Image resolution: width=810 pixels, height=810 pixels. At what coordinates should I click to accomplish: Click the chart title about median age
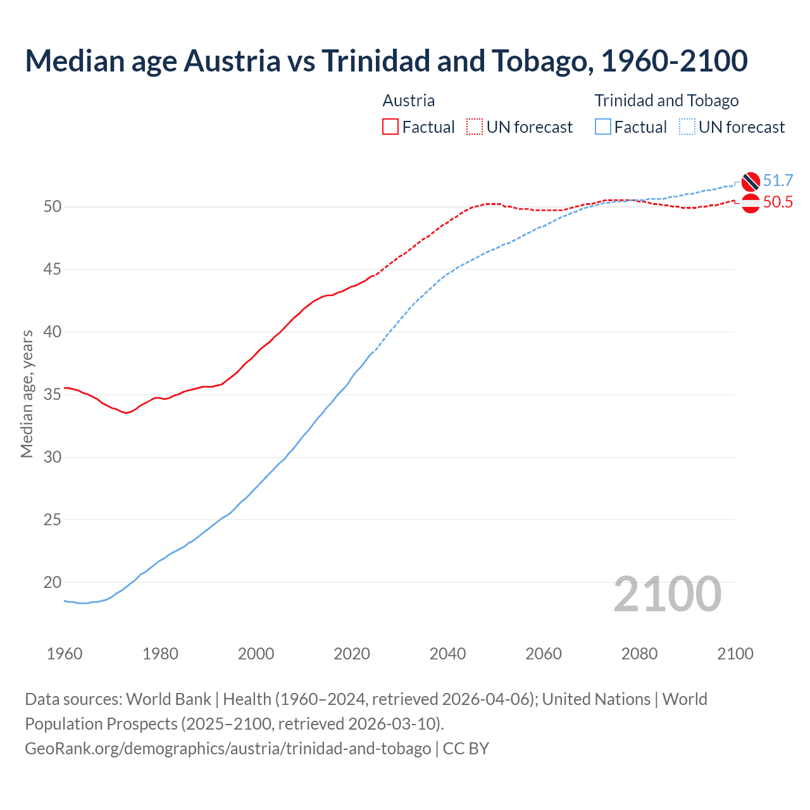[x=386, y=61]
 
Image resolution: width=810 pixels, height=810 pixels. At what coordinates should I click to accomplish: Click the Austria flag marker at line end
[x=751, y=204]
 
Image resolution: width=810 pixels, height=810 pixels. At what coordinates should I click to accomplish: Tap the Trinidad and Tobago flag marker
[x=751, y=182]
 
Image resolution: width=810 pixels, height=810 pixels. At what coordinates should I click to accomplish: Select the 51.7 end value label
[x=778, y=180]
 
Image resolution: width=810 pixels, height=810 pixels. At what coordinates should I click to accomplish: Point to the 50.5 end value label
[x=778, y=202]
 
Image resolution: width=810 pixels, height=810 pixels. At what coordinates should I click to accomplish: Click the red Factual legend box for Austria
[x=390, y=127]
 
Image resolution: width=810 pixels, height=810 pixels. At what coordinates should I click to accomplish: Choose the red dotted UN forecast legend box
[x=475, y=127]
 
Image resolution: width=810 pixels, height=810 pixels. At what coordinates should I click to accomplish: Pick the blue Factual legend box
[x=603, y=127]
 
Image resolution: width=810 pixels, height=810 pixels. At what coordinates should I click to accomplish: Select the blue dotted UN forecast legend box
[x=687, y=127]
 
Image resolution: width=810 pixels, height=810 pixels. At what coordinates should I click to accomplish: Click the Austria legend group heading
[x=409, y=101]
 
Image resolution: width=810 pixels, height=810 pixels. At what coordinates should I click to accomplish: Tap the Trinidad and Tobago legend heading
[x=666, y=101]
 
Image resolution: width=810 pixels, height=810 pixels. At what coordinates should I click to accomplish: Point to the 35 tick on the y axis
[x=52, y=395]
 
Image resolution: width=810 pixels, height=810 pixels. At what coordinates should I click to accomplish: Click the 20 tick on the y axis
[x=52, y=582]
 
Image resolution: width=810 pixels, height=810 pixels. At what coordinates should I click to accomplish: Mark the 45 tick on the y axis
[x=52, y=270]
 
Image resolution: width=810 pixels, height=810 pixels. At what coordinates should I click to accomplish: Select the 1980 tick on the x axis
[x=160, y=654]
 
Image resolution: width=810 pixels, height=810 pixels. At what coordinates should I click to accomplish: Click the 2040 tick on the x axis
[x=447, y=654]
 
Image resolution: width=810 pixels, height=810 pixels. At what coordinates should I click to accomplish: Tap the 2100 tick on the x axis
[x=735, y=654]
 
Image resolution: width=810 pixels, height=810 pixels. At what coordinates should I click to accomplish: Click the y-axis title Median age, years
[x=27, y=394]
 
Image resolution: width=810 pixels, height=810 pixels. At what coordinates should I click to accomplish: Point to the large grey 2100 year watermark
[x=667, y=594]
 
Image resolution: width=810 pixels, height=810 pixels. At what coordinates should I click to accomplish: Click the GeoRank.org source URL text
[x=228, y=749]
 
